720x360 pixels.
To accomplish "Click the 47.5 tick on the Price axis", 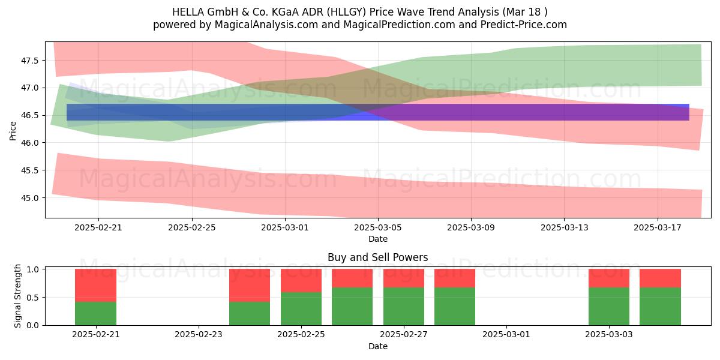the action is (29, 61).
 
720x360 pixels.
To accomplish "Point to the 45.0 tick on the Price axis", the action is (29, 198).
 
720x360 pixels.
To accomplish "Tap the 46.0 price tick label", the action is (29, 143).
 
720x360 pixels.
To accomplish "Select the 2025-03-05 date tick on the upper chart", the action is (378, 227).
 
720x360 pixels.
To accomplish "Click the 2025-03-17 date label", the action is (658, 227).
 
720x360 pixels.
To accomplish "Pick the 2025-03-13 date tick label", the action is (565, 227).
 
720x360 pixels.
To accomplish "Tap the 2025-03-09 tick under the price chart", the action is (471, 227).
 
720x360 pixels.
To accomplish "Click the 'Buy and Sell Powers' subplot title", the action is (377, 257).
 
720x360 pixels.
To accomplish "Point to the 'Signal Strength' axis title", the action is (17, 296).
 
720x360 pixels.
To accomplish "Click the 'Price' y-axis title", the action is (13, 131).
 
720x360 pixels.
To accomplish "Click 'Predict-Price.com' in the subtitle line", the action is (524, 25).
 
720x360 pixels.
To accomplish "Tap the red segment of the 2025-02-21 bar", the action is (95, 286).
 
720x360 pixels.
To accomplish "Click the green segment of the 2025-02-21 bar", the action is (95, 314).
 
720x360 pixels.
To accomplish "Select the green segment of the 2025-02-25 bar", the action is (301, 309).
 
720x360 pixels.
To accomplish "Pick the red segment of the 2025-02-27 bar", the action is (404, 278).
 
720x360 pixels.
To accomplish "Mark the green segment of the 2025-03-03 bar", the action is (609, 307).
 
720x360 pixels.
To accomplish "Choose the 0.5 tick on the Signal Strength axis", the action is (32, 298).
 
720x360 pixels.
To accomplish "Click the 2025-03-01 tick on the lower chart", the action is (506, 334).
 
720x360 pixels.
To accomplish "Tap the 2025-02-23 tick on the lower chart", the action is (199, 334).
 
